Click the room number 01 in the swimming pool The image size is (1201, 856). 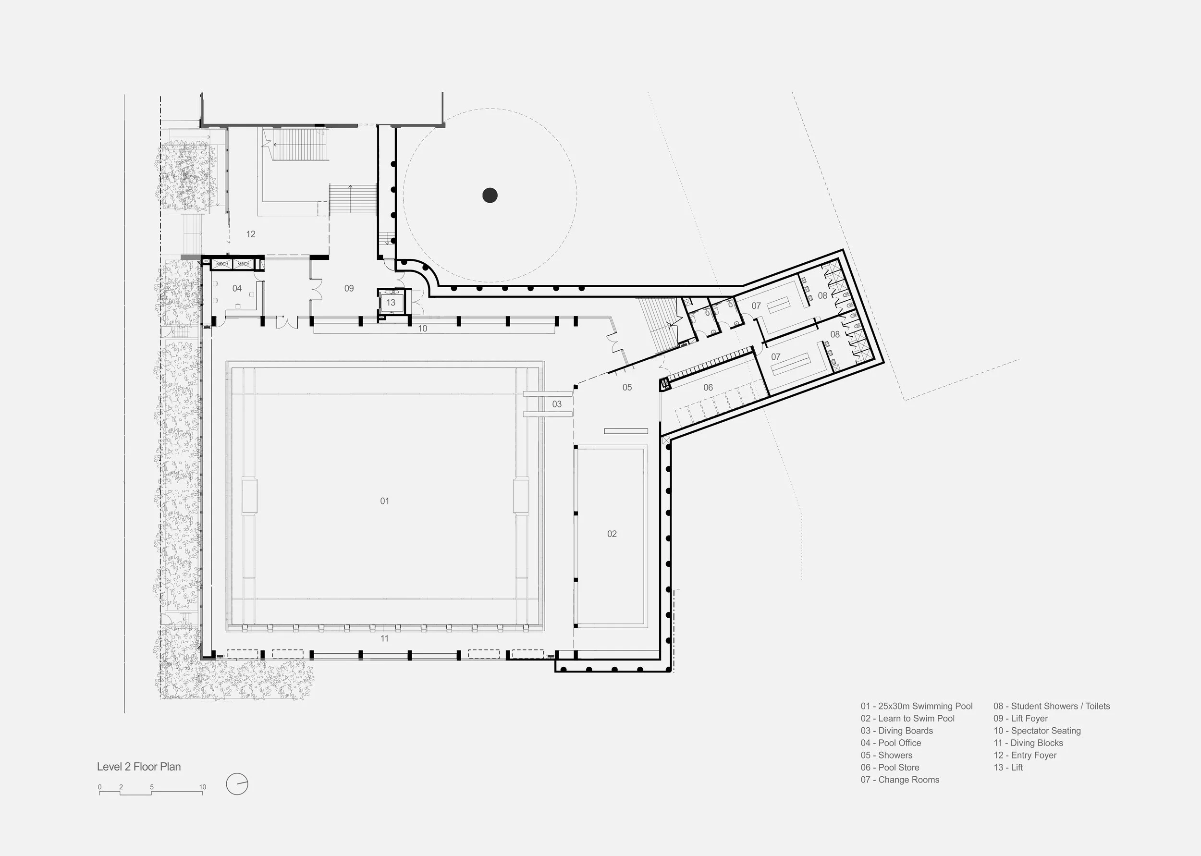[x=385, y=501]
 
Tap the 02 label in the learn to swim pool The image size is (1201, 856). [x=612, y=534]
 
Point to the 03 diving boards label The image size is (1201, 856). [x=557, y=404]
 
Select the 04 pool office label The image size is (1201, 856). [x=237, y=288]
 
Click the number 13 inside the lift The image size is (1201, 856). [x=391, y=303]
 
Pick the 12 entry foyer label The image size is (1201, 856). [x=251, y=234]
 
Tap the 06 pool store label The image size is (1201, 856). [x=708, y=388]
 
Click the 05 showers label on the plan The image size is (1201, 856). [x=627, y=388]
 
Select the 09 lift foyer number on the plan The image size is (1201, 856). [x=349, y=288]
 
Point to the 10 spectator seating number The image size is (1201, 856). [x=423, y=329]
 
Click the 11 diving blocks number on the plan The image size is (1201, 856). [x=385, y=638]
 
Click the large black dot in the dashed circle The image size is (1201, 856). [x=490, y=196]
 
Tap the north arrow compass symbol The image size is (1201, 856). [x=237, y=784]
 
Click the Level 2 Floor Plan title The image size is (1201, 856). [x=139, y=767]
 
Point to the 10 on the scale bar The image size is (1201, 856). [x=202, y=787]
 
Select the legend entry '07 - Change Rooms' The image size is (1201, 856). [x=900, y=780]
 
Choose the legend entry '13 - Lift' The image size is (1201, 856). [x=1008, y=768]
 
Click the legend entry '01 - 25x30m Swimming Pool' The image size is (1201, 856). [x=917, y=706]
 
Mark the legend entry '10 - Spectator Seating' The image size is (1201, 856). [x=1037, y=731]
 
